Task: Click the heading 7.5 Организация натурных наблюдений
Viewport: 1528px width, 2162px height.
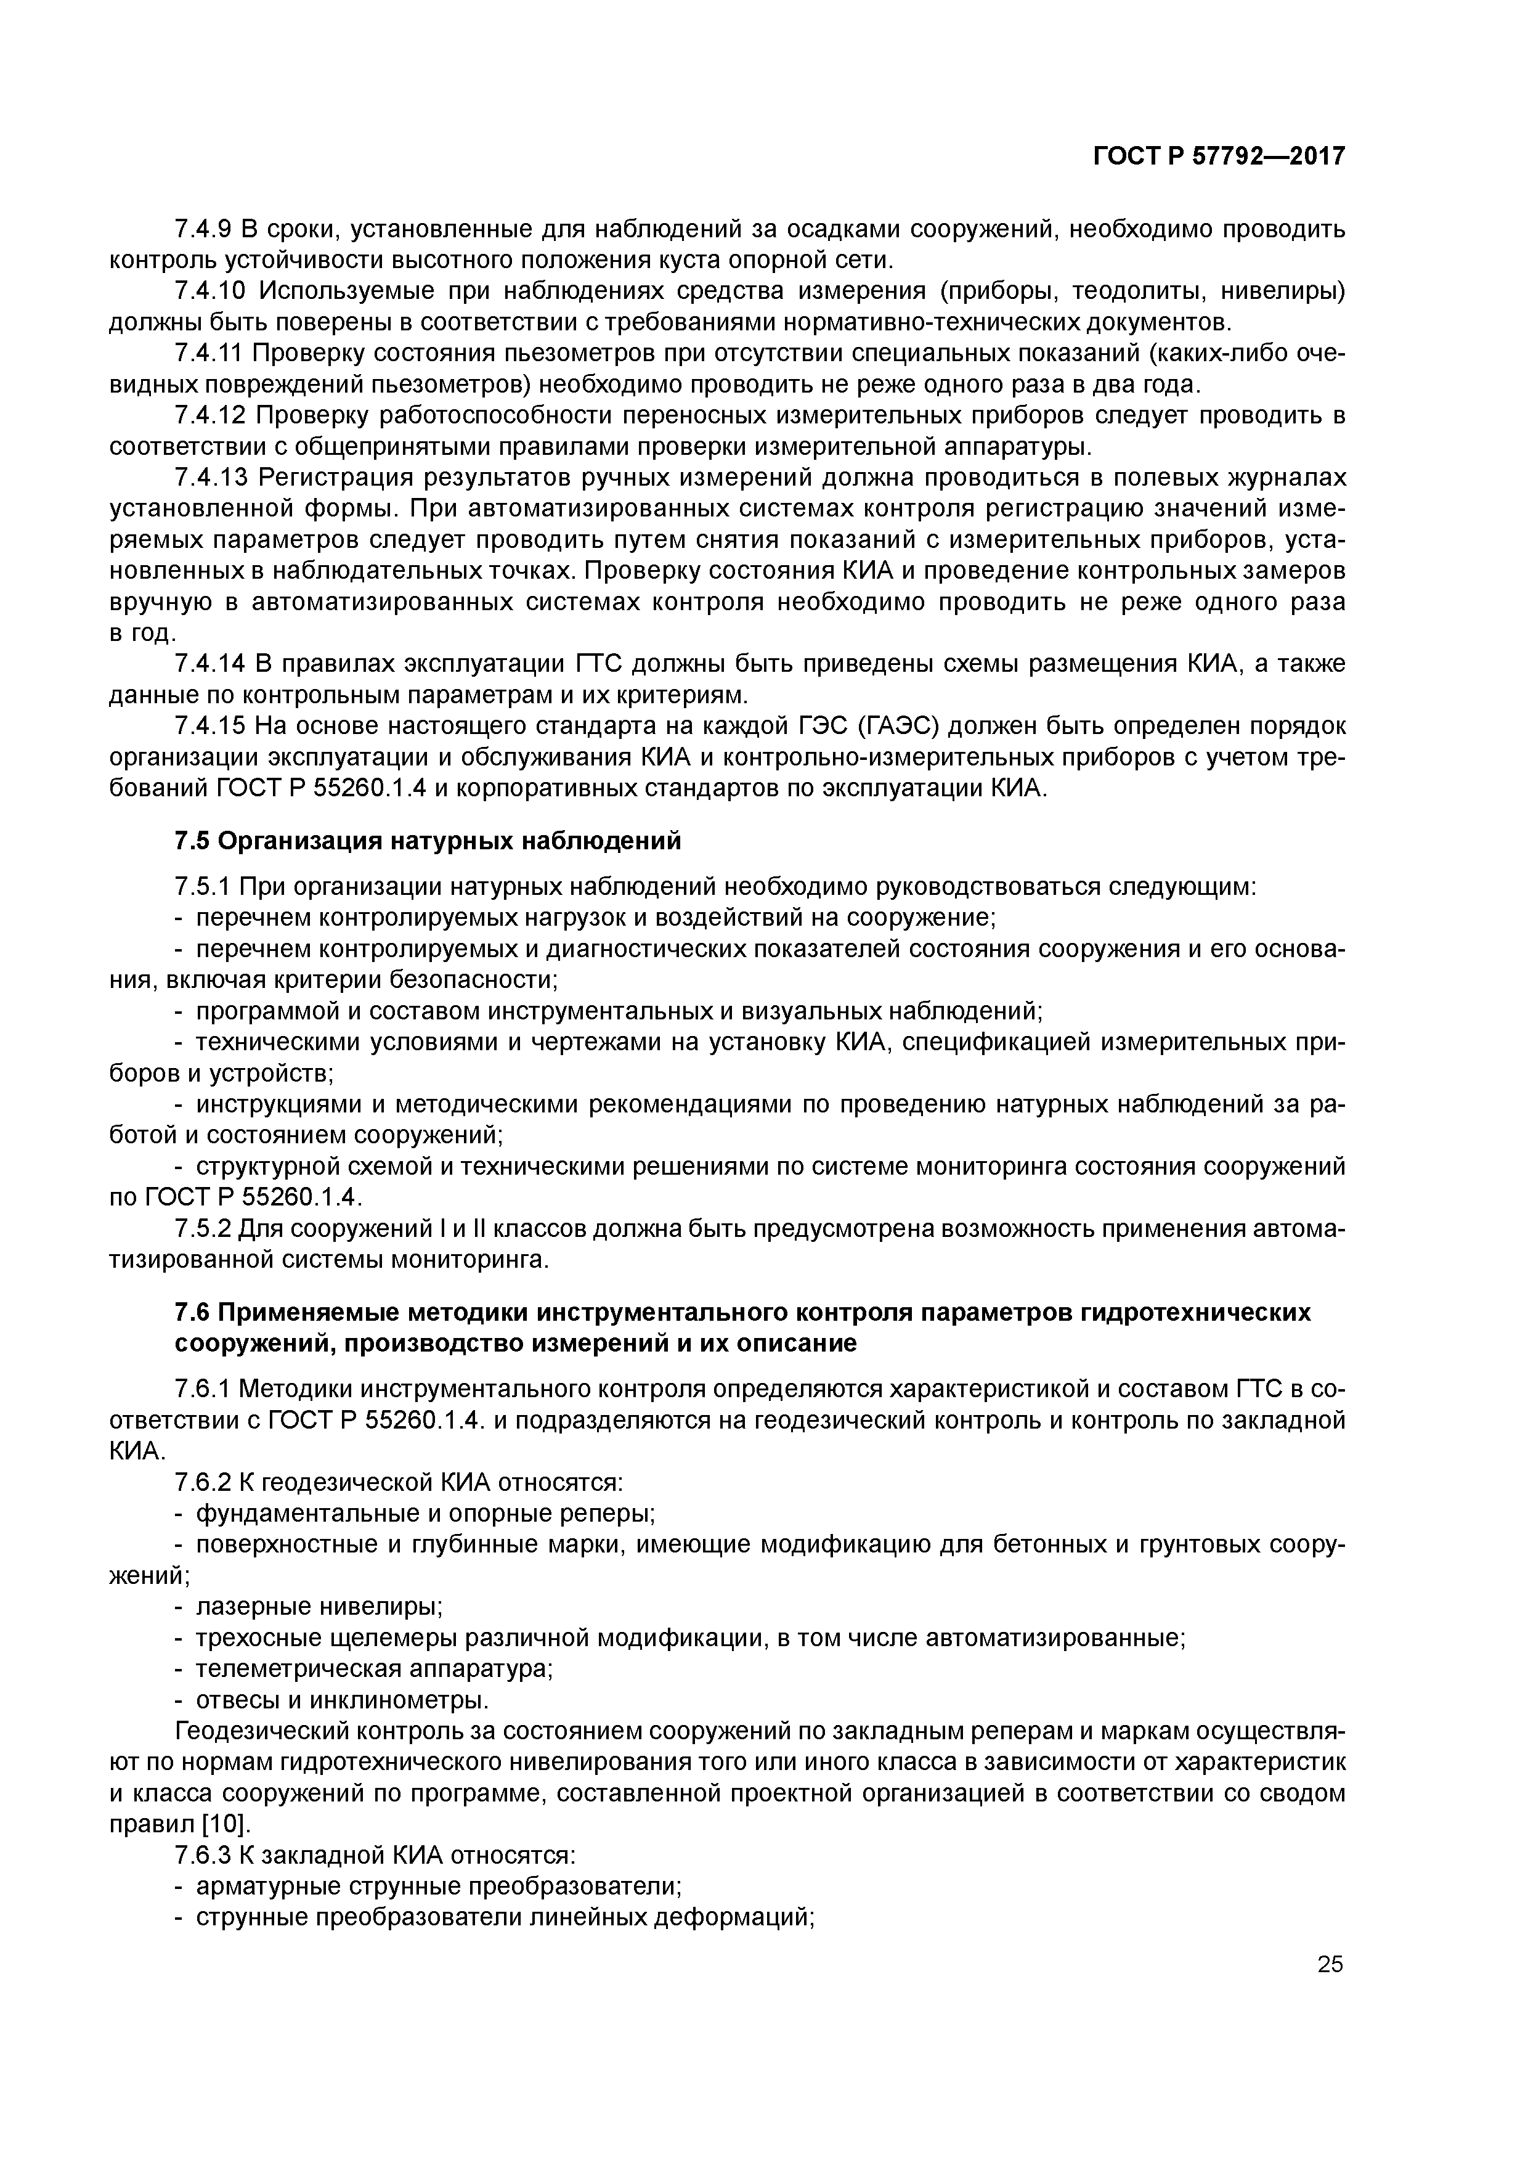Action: tap(428, 840)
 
